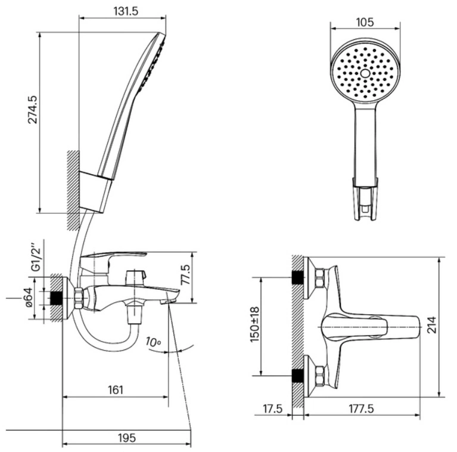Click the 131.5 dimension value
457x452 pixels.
click(126, 11)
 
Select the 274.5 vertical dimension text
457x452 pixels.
click(33, 109)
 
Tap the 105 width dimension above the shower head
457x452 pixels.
click(365, 22)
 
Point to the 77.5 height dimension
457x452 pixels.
click(186, 274)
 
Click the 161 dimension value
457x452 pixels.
click(116, 389)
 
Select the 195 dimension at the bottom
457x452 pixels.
click(127, 438)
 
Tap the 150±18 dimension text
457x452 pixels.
click(254, 324)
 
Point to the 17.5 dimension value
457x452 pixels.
click(273, 408)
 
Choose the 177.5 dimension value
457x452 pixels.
click(362, 408)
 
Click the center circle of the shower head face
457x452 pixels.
click(365, 73)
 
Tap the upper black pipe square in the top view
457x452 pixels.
click(297, 277)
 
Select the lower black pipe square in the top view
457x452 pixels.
click(297, 376)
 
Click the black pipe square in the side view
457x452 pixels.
click(57, 298)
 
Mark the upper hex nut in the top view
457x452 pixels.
click(320, 278)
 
